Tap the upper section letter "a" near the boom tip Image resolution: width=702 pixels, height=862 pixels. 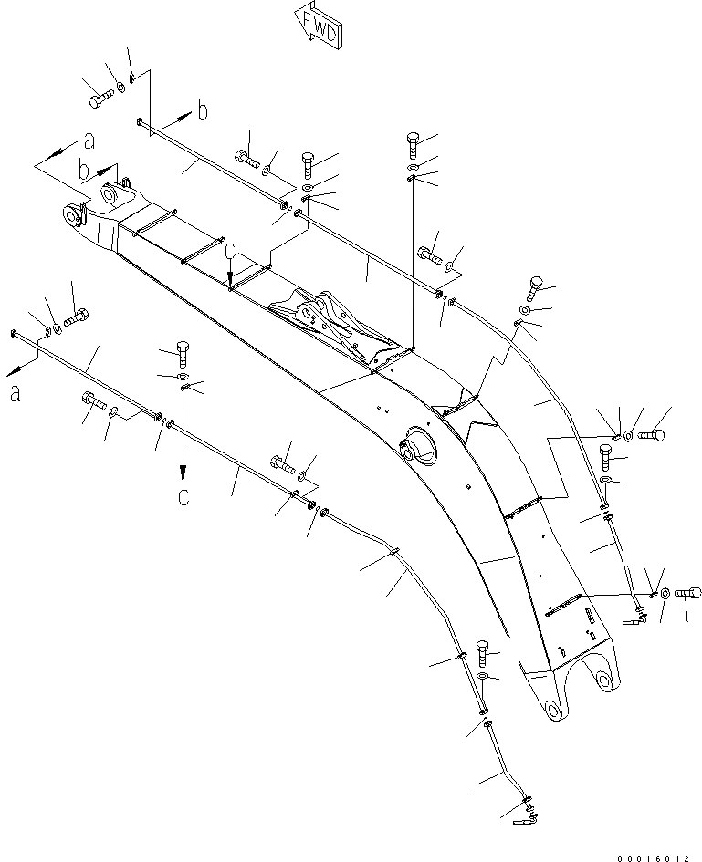(x=89, y=140)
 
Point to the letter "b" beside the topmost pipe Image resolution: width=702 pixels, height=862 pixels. (x=203, y=111)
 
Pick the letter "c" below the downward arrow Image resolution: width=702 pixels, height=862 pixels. (x=183, y=497)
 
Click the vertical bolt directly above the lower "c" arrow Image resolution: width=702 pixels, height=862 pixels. (x=181, y=352)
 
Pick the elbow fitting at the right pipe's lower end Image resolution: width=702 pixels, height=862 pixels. (x=635, y=620)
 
